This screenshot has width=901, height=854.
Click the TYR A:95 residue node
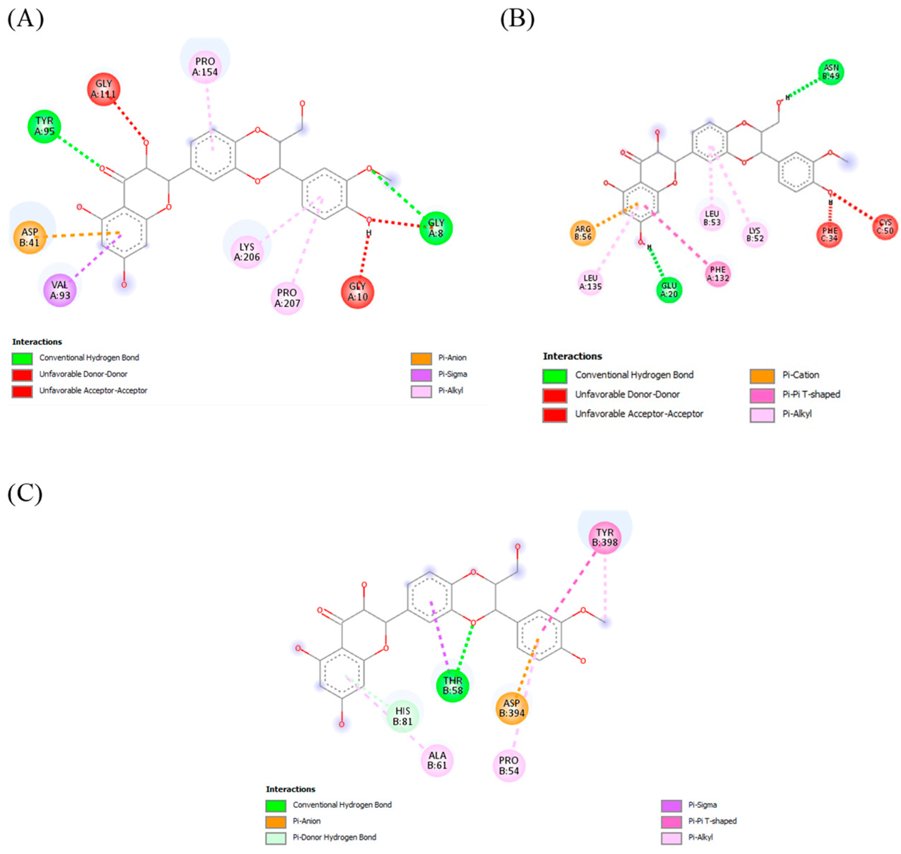coord(44,126)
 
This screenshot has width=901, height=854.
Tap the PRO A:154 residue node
coord(205,67)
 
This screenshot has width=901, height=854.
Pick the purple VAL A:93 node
coord(60,290)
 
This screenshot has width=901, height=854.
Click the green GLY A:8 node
coord(436,228)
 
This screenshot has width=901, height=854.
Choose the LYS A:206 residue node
coord(246,252)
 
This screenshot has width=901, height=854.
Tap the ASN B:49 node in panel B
coord(830,72)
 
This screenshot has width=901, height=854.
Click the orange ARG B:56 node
coord(583,233)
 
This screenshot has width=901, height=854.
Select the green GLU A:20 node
coord(669,290)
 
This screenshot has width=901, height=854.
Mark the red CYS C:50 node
coord(885,227)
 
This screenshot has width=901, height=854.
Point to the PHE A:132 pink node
coord(718,274)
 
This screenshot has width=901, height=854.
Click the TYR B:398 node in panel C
coord(604,538)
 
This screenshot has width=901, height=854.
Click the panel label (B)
coord(517,19)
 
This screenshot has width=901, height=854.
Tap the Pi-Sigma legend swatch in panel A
coord(421,375)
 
